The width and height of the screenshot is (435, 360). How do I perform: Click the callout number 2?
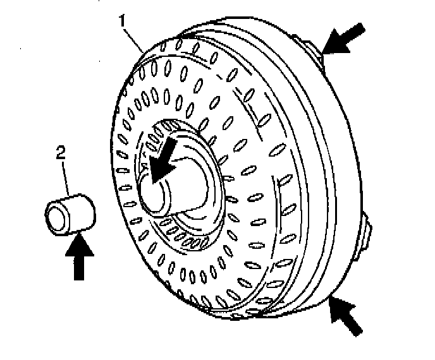pyautogui.click(x=61, y=152)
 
